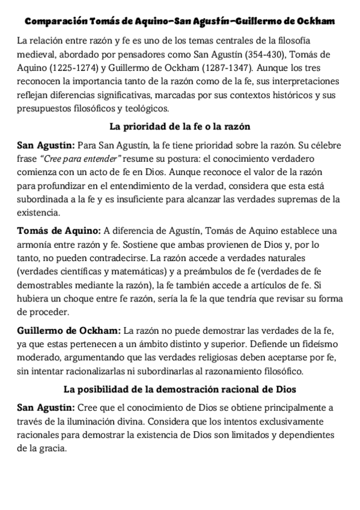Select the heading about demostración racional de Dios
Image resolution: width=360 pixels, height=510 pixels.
coord(180,390)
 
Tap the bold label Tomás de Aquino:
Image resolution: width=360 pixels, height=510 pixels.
coord(59,231)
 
